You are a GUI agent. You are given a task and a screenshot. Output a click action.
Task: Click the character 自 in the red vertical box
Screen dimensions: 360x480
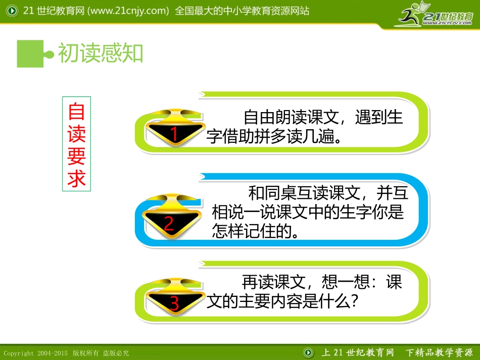coord(77,111)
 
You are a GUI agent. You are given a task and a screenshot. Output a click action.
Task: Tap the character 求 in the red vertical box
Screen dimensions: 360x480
coord(77,178)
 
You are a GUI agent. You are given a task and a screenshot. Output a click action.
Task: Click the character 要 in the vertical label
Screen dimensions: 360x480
coord(77,156)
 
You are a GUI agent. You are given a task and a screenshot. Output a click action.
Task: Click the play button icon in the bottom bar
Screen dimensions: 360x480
coord(308,352)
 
